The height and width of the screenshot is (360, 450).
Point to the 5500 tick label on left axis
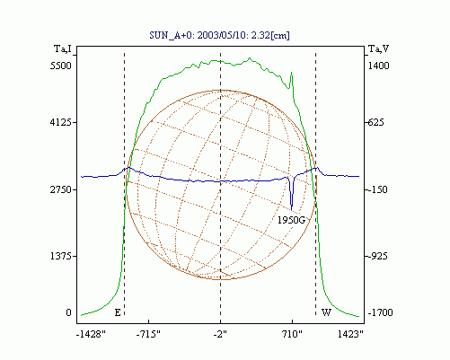point(61,66)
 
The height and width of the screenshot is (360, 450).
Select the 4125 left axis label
point(61,122)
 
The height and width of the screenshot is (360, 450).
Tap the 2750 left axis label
point(61,189)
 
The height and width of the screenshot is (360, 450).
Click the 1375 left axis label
point(61,256)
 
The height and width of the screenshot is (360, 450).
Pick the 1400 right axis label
point(378,66)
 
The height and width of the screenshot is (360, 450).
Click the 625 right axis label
point(376,122)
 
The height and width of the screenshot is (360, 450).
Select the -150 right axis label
point(377,189)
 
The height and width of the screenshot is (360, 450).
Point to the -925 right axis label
point(377,256)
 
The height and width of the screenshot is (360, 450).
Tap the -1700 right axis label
point(380,312)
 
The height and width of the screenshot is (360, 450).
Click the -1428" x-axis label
point(91,334)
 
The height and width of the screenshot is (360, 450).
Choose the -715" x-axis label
point(148,334)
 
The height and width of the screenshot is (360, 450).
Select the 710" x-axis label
point(292,334)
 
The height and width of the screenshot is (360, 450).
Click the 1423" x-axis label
point(350,334)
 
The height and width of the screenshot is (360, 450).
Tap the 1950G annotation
point(291,220)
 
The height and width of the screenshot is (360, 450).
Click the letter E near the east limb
point(118,312)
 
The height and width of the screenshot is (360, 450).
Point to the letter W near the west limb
point(326,312)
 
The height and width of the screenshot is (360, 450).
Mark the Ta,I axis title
point(63,48)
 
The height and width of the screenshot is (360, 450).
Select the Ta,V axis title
point(378,48)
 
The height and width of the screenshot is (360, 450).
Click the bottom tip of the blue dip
point(291,210)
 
